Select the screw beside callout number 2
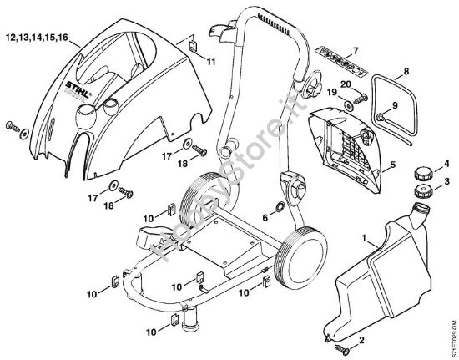click(x=343, y=345)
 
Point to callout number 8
click(x=406, y=73)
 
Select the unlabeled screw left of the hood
click(x=18, y=125)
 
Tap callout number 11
click(x=209, y=63)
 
